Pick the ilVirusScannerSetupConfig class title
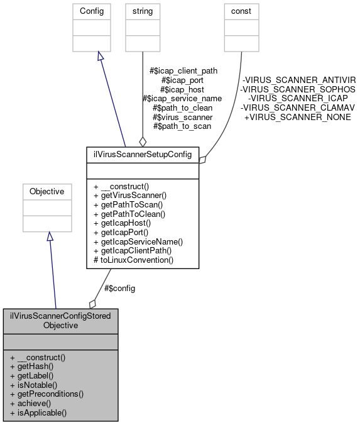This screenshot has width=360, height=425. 143,153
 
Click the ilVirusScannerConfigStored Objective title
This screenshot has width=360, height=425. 60,321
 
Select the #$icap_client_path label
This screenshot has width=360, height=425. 183,71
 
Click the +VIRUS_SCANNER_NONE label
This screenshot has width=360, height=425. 297,117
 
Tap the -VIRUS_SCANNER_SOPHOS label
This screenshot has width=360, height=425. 298,89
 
